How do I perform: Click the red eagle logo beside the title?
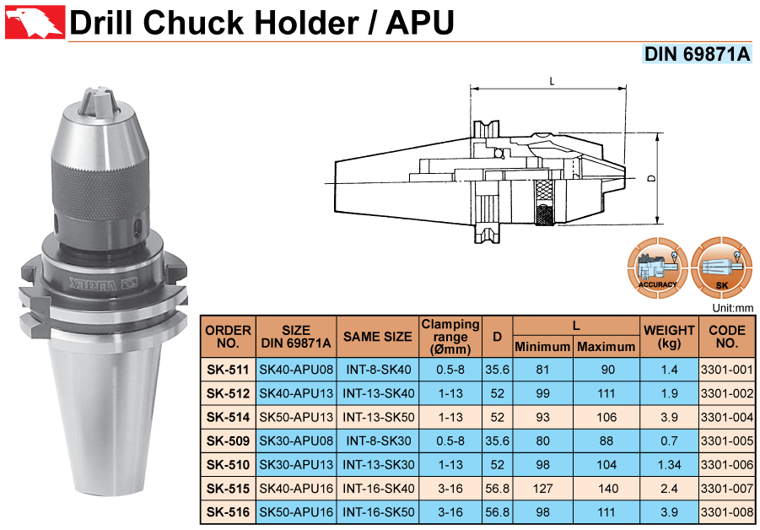35,22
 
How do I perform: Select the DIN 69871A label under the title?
697,54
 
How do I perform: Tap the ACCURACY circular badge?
657,268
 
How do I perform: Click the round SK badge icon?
722,268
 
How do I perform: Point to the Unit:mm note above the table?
732,307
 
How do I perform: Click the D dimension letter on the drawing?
652,178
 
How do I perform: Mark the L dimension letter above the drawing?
552,81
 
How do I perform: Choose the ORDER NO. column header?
228,337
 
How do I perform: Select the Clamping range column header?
450,337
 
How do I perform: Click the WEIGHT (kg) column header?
669,337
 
